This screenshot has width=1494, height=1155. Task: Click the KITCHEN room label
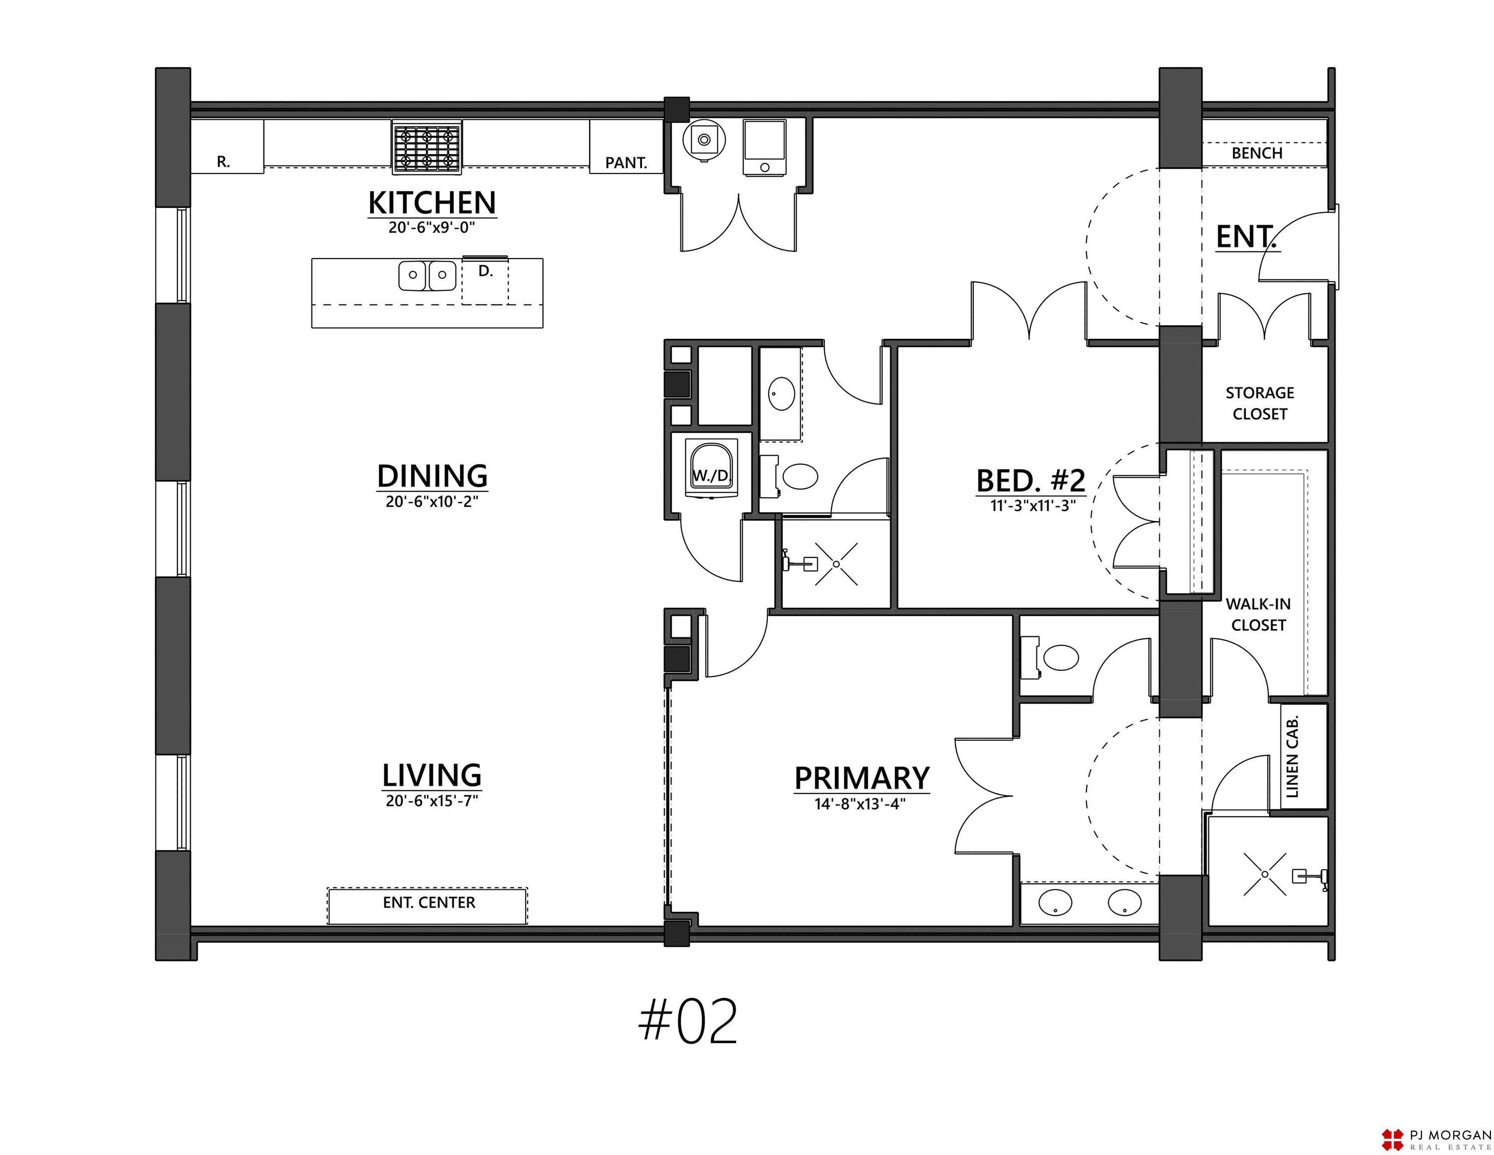coord(432,203)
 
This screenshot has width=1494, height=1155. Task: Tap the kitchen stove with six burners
coord(427,146)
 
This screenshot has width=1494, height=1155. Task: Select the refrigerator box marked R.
coord(227,146)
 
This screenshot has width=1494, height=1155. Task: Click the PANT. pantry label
coord(626,163)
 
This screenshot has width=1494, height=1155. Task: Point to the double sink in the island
coord(428,275)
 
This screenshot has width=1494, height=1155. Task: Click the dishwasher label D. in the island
coord(485,271)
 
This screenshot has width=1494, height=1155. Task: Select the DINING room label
coord(433,476)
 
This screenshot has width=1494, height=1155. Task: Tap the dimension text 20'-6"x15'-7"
coord(432,800)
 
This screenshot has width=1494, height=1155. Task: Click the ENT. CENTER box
coord(428,906)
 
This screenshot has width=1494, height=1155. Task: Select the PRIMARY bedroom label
coord(862,778)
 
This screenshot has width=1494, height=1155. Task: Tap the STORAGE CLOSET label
coord(1259,403)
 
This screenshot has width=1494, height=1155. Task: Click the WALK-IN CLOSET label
coord(1258,615)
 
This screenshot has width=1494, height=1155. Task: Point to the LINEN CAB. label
coord(1292,757)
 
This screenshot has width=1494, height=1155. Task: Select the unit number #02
coord(688,1020)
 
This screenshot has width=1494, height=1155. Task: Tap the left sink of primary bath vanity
coord(1055,903)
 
